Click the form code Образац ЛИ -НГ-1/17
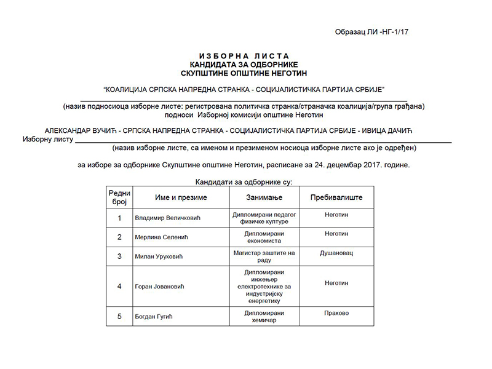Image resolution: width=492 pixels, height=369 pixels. point(371,31)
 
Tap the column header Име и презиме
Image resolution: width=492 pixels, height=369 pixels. point(172,197)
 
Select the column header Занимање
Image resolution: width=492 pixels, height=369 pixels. point(264,197)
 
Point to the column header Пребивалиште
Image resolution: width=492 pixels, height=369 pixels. point(336,197)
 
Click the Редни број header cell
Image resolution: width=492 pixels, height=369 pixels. point(119,197)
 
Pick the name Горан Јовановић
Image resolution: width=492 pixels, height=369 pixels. point(159,287)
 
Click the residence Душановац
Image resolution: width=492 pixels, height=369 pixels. point(336,253)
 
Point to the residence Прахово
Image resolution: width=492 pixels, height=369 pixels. point(336,313)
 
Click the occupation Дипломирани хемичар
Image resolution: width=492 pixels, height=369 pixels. point(264,317)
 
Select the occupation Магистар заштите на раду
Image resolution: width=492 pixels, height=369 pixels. point(264,256)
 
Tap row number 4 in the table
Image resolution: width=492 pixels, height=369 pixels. point(119,287)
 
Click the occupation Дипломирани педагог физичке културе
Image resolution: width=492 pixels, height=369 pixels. point(264,218)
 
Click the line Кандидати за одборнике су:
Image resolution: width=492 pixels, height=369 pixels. point(244,182)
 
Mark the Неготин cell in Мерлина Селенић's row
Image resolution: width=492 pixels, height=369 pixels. point(336,234)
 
